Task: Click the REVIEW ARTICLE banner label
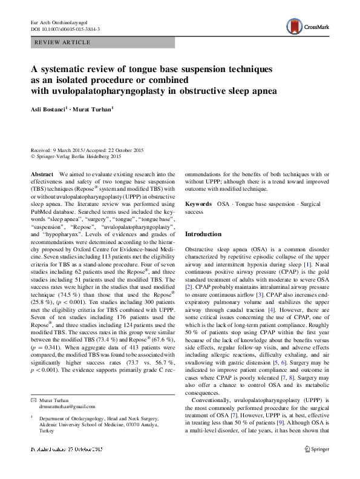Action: point(63,42)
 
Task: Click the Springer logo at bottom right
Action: point(317,466)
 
